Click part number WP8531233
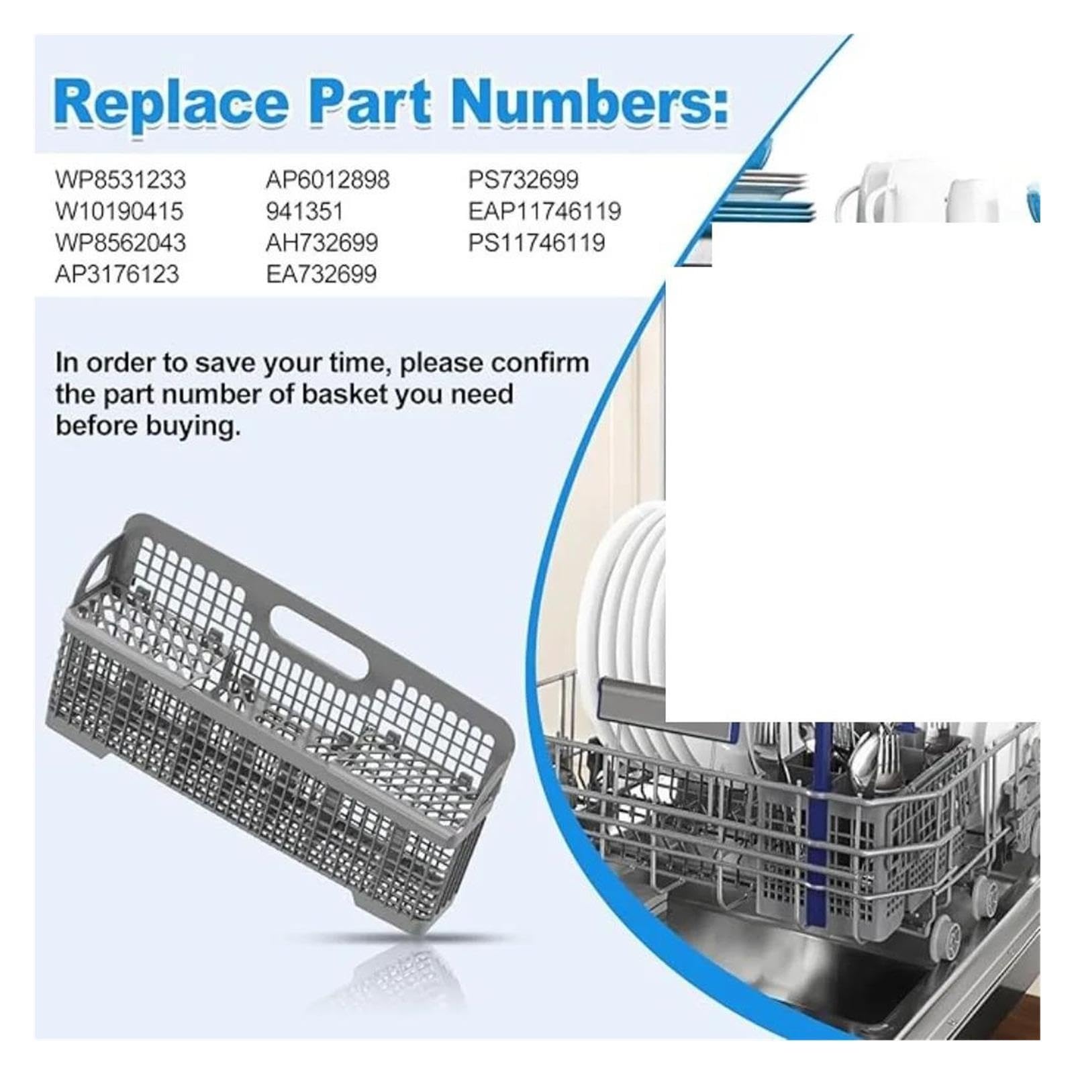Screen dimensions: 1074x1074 coord(120,180)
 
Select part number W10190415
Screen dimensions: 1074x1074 coord(119,211)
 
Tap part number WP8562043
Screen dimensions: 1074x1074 coord(120,243)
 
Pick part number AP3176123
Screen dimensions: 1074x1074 coord(117,275)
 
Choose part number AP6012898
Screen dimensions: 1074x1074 coord(328,180)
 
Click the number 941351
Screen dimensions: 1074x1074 coord(304,211)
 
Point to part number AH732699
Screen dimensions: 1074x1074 coord(322,243)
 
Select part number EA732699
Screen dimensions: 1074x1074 coord(321,275)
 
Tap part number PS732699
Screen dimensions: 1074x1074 coord(524,180)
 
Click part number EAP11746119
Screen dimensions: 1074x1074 coord(544,211)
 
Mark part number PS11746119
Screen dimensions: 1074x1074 coord(536,243)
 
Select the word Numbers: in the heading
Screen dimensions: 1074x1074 coord(589,102)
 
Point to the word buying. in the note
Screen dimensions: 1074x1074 coord(148,427)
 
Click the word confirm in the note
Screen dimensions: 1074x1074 coord(540,363)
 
